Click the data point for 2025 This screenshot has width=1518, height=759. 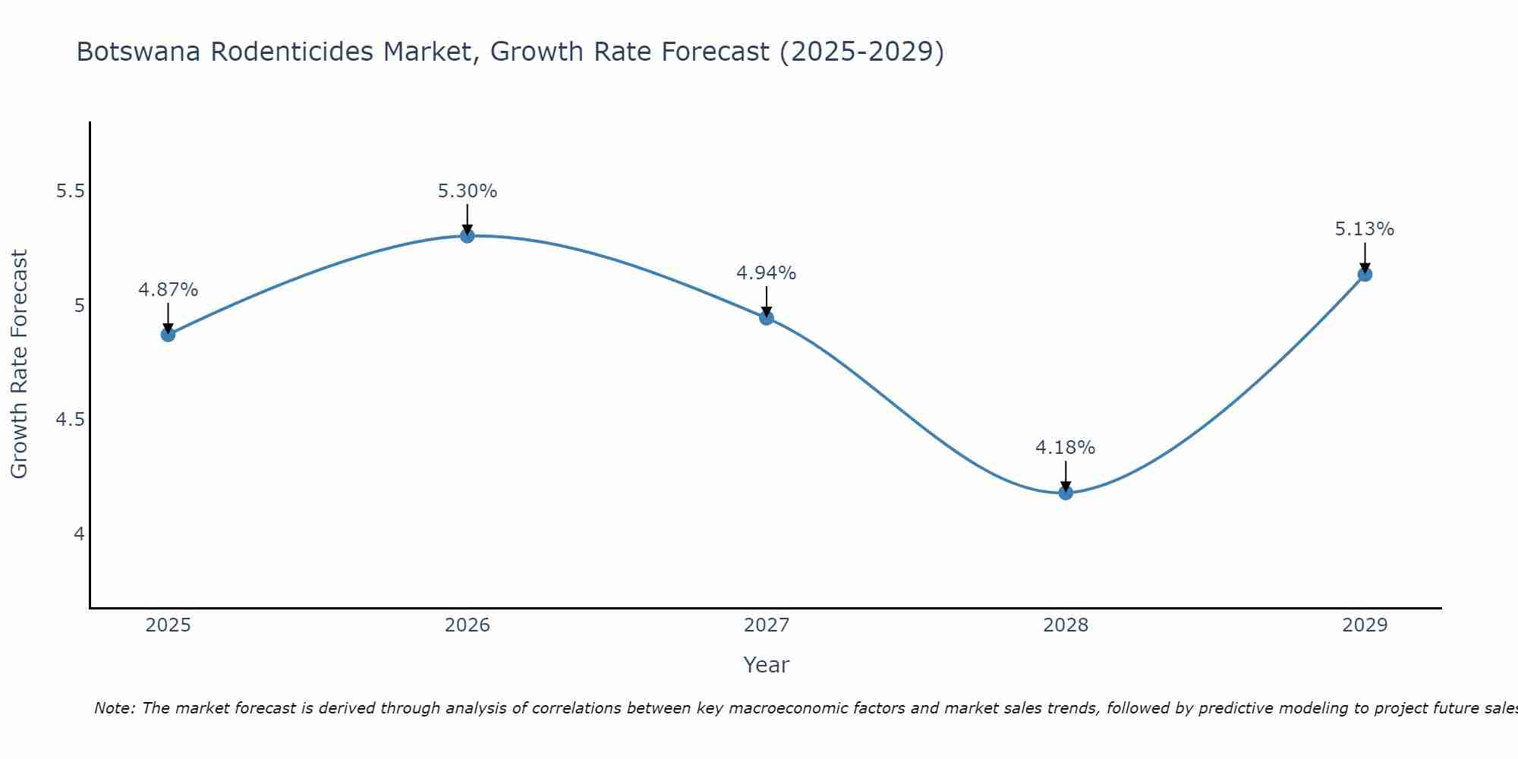click(x=168, y=334)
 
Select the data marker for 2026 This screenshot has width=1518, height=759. click(x=468, y=236)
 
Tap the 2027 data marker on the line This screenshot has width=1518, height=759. click(x=767, y=318)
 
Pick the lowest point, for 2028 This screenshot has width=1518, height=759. click(x=1066, y=493)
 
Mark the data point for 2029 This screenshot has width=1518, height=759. click(x=1365, y=274)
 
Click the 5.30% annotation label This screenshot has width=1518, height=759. click(x=468, y=191)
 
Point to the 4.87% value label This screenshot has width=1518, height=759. click(x=168, y=290)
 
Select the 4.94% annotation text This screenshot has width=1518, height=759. click(x=767, y=273)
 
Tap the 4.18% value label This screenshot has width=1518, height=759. click(x=1066, y=448)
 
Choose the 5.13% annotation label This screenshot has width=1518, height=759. click(x=1365, y=229)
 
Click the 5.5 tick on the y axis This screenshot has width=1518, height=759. click(x=70, y=191)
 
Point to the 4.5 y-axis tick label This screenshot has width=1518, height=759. click(x=70, y=420)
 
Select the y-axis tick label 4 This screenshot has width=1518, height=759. click(x=79, y=534)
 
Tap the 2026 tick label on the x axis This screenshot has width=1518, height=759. click(x=468, y=625)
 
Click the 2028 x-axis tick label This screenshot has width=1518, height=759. click(x=1066, y=625)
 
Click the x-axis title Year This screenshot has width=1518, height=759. click(x=767, y=665)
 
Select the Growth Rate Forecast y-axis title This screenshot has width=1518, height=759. click(x=20, y=364)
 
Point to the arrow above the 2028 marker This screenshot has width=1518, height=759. click(x=1066, y=477)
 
